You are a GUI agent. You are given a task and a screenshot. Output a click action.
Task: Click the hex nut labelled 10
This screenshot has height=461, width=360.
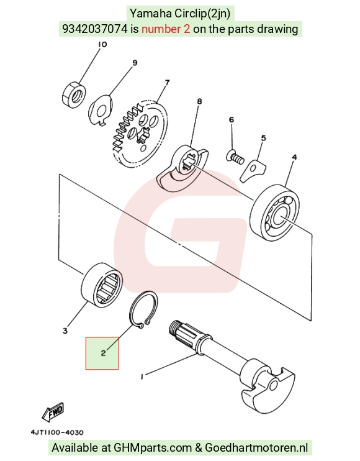74,94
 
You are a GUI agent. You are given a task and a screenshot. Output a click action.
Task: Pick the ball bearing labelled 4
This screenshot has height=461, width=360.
275,212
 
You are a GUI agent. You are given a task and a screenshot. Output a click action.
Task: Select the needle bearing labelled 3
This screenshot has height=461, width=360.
102,285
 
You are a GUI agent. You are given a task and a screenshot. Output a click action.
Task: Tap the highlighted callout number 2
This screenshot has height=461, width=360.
103,353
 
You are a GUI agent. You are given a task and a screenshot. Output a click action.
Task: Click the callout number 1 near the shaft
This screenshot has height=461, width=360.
142,377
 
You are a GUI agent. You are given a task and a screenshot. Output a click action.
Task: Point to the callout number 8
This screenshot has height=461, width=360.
199,101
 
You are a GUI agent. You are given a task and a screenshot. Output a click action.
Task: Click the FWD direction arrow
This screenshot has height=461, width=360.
53,411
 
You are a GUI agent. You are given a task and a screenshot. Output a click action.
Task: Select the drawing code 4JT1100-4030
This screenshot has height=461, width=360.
57,432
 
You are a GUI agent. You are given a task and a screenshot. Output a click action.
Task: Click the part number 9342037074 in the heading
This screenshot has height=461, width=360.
95,29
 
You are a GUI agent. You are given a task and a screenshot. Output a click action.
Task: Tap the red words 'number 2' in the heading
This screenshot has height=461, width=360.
166,29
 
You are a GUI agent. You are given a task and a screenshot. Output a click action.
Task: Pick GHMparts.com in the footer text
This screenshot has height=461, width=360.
153,448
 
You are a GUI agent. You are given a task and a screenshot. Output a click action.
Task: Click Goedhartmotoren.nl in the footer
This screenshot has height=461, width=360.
256,448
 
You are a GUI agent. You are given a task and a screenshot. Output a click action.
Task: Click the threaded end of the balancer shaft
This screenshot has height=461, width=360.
174,327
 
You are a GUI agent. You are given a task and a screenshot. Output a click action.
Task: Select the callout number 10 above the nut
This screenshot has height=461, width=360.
102,44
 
